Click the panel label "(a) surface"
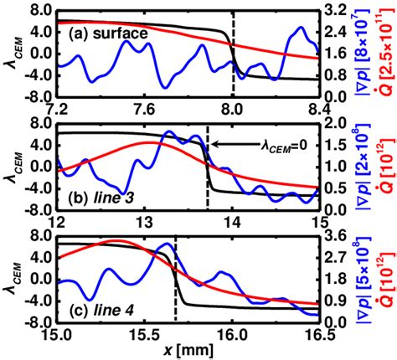(106, 34)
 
